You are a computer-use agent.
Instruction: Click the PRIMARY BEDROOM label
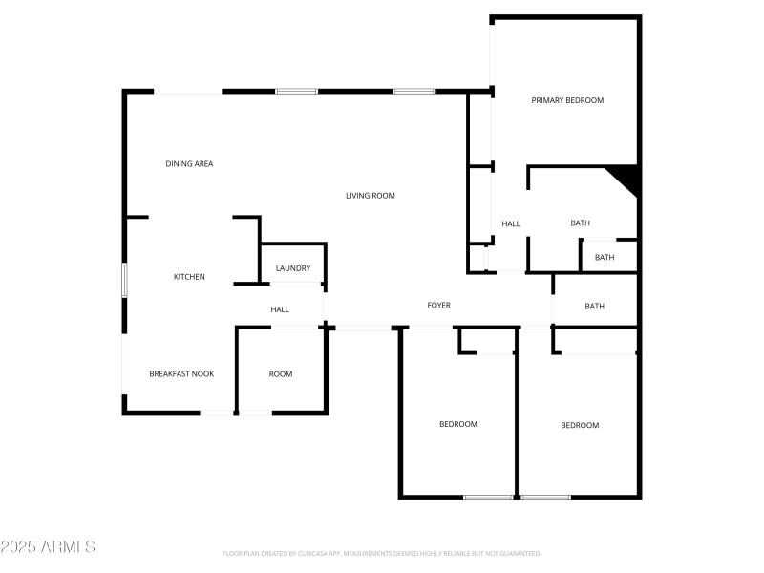tap(567, 100)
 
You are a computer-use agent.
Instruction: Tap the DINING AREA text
tap(189, 164)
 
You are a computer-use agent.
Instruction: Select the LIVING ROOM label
tap(370, 196)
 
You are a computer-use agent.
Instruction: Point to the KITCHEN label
tap(189, 277)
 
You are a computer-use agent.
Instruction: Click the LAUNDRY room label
tap(293, 268)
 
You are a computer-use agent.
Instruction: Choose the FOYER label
tap(438, 306)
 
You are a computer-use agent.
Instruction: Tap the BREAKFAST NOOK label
tap(181, 374)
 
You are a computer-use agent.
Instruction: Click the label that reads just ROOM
tap(281, 374)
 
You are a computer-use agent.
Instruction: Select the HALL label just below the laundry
tap(280, 309)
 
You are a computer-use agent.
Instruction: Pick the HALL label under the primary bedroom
tap(511, 224)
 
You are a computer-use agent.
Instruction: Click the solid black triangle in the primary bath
tap(626, 176)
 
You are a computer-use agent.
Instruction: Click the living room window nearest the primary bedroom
tap(414, 92)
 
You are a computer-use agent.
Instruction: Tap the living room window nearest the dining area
tap(296, 92)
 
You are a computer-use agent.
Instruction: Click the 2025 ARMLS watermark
tap(48, 547)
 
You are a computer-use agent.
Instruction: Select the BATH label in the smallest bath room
tap(605, 258)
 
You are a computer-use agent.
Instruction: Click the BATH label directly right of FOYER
tap(595, 307)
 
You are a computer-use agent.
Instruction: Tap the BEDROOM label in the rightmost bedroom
tap(580, 426)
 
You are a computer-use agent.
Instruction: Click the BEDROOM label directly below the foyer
tap(458, 424)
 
